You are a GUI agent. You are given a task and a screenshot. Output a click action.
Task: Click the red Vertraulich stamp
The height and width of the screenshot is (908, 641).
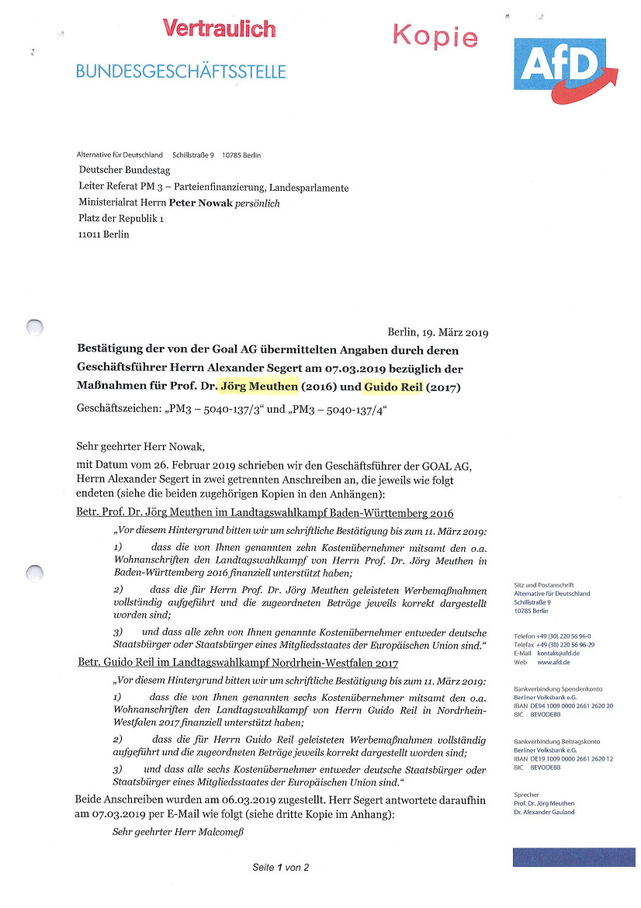[x=219, y=29]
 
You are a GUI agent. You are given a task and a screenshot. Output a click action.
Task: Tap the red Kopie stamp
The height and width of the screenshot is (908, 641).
[x=435, y=35]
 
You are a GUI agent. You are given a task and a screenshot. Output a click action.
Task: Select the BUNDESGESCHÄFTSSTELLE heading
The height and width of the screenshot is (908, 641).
[x=181, y=72]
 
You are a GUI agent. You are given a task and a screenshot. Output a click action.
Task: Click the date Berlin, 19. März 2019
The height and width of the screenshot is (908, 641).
[x=437, y=332]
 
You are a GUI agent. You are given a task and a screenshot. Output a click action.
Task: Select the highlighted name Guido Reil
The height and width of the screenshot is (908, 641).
[x=393, y=386]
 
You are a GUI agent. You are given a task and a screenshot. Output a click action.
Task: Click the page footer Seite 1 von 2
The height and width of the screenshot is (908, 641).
[x=280, y=868]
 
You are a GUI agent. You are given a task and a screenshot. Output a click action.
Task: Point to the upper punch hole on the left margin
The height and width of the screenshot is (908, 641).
[x=34, y=328]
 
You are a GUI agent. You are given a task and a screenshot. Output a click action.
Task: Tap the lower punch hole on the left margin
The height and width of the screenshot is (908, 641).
[x=34, y=574]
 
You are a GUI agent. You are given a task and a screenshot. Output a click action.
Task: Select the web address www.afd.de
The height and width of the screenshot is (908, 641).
[x=553, y=662]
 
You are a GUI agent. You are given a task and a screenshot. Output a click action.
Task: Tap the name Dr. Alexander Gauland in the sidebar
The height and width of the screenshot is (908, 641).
[x=544, y=812]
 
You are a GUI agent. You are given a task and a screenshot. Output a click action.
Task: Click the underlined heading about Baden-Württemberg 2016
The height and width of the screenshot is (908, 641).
[x=265, y=514]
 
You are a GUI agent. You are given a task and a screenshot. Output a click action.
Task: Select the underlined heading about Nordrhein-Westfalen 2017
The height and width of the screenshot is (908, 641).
[x=238, y=663]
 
